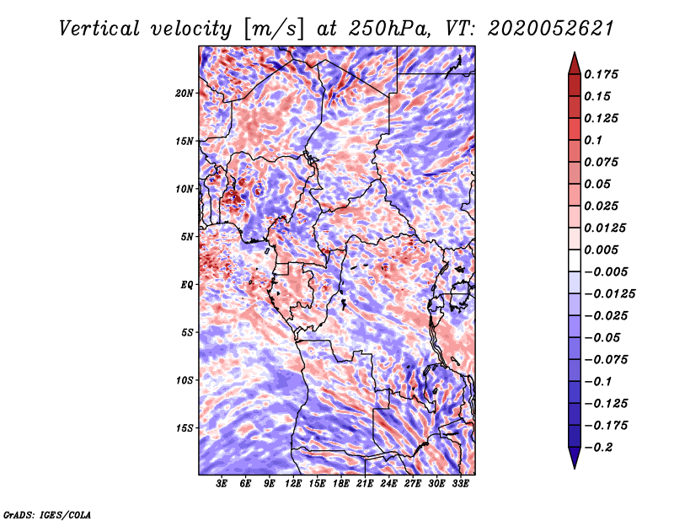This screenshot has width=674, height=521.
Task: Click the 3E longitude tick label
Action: point(222,484)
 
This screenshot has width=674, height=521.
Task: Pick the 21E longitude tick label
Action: point(365,484)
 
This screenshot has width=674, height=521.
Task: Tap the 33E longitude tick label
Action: point(460,484)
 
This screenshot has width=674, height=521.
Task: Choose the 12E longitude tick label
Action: point(293,484)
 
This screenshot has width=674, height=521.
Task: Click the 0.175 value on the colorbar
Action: point(603,74)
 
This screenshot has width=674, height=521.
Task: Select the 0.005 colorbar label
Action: point(603,250)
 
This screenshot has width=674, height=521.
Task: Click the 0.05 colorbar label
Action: point(599,184)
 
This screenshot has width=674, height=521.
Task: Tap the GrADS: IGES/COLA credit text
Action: point(46,513)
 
